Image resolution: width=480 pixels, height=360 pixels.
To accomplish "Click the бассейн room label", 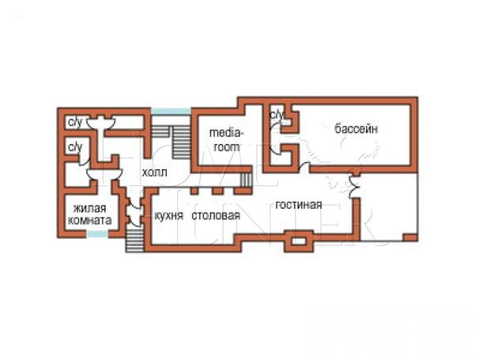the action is pos(356,129).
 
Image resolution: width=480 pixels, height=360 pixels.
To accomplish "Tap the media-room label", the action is pos(226,140).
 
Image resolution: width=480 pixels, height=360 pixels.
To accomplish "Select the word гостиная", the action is pos(298,205).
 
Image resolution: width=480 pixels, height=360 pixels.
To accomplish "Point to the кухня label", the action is pos(168,216).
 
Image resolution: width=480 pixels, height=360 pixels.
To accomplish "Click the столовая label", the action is pos(216,216).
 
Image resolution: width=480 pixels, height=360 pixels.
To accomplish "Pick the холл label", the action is pos(154,172).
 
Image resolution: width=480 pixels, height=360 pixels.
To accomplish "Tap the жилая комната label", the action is pos(89,214).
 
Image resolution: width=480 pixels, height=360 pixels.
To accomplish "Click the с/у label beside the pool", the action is pos(277,115).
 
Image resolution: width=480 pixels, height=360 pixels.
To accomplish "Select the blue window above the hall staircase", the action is pos(171,112).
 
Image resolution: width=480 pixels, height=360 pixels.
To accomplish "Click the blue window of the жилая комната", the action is pos(97,234).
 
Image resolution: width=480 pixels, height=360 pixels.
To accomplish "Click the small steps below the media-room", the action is pos(245,180).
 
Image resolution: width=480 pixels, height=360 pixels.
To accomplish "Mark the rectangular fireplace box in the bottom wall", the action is pos(299,241).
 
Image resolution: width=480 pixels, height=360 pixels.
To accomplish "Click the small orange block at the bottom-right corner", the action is pos(410,237).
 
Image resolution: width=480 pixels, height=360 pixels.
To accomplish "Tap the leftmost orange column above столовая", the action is pos(194,191).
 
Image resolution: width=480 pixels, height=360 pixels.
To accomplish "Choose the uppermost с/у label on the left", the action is pos(75,123).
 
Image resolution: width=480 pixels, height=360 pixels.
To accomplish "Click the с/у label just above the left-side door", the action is pos(75,147).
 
